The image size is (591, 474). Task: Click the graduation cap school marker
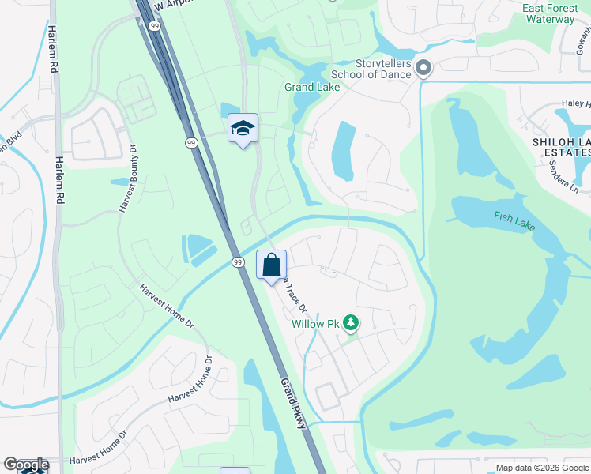[x=243, y=128]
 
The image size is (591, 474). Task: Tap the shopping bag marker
[x=271, y=265]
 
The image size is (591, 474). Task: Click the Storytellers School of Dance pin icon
[x=423, y=69]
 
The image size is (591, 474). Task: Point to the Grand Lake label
[x=312, y=87]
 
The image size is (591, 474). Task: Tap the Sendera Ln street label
[x=563, y=181]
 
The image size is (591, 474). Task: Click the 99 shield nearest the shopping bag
[x=236, y=261]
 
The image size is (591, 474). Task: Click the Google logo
[x=25, y=465]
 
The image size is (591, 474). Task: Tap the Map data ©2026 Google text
[x=542, y=468]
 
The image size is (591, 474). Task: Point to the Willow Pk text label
[x=314, y=324]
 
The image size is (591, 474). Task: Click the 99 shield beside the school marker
[x=191, y=142]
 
